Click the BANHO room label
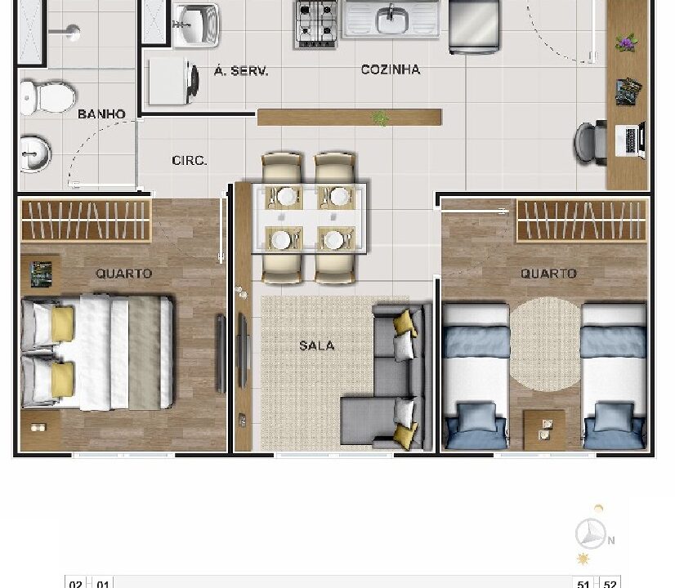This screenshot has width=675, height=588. [x=101, y=114]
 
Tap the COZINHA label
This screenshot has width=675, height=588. [x=391, y=69]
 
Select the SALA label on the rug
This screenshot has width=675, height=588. [x=317, y=345]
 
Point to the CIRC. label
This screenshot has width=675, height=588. [x=190, y=160]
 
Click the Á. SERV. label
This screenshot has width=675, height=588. [x=241, y=70]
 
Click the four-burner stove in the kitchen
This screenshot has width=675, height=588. [x=316, y=24]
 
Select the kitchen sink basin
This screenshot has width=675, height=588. [x=391, y=20]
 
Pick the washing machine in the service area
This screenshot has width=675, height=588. [x=173, y=82]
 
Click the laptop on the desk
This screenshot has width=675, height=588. [x=631, y=140]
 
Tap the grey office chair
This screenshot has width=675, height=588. [x=591, y=143]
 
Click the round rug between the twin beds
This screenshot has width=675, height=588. [x=545, y=345]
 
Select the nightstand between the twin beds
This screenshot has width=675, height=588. [x=544, y=430]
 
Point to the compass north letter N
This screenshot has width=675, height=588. [x=611, y=541]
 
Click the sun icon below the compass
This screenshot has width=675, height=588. [x=583, y=559]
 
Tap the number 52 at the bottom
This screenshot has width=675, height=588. [x=610, y=584]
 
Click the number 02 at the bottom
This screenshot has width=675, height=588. [x=76, y=584]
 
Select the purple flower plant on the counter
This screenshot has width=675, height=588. [x=626, y=42]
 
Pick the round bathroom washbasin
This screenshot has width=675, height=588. [x=35, y=154]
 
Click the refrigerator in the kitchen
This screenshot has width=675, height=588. [x=474, y=26]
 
